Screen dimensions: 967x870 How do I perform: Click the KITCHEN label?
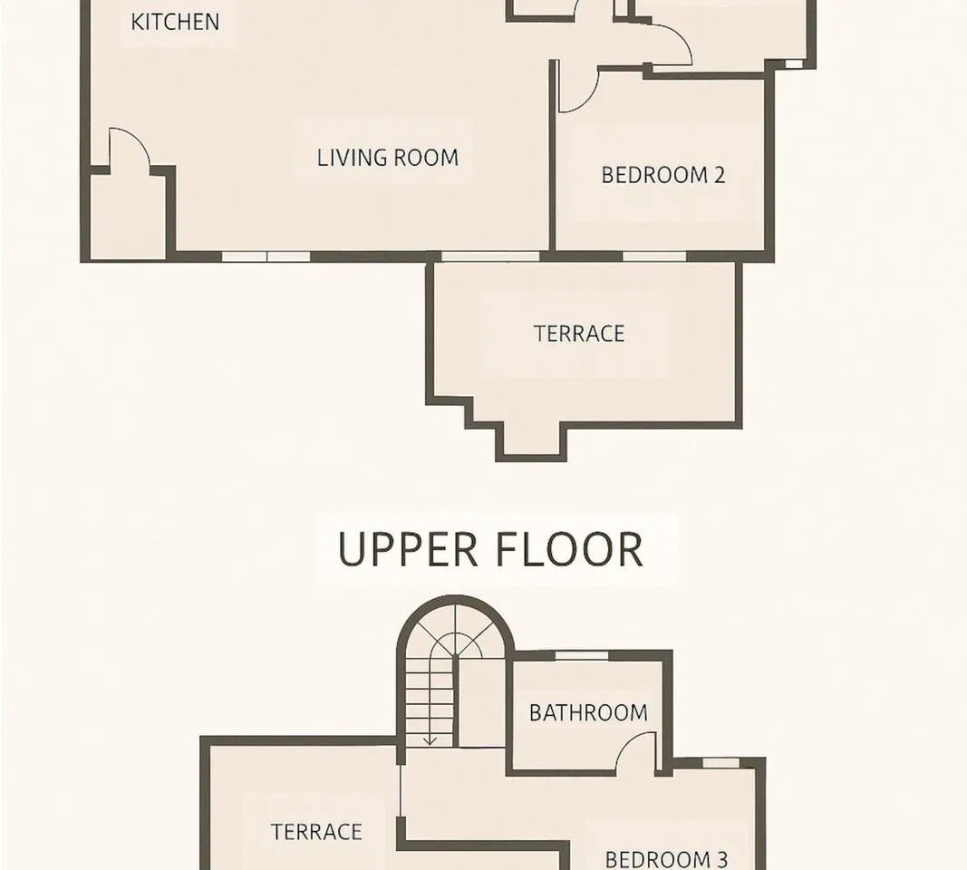[175, 22]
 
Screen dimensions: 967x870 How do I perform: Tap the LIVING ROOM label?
[388, 158]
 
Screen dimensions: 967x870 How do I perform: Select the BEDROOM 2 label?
[663, 175]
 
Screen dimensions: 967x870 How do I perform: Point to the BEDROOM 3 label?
[666, 859]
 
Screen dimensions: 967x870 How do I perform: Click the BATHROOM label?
[588, 713]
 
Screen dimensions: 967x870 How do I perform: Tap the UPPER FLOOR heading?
[491, 549]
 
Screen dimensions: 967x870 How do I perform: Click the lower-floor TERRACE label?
[579, 333]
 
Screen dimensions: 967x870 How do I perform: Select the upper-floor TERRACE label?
[316, 832]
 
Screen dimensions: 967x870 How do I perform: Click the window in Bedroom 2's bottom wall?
[654, 256]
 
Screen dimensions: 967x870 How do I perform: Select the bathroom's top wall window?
[582, 655]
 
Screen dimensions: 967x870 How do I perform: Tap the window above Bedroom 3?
[720, 763]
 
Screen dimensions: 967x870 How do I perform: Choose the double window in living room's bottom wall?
[266, 256]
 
